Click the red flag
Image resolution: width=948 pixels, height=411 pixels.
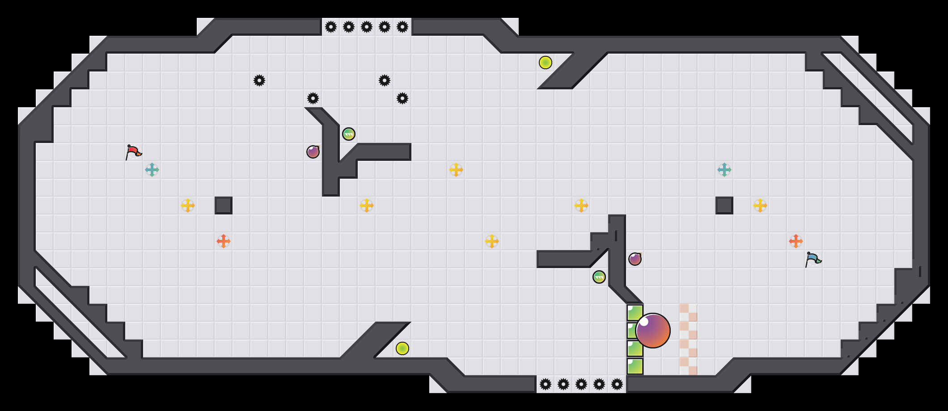(133, 152)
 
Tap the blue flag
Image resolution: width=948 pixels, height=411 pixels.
(813, 259)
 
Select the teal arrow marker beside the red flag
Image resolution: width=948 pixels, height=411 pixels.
(152, 170)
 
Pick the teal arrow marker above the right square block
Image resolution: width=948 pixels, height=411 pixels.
(724, 170)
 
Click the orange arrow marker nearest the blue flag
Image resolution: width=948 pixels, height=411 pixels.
(796, 241)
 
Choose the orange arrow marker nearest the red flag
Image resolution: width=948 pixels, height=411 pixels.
(224, 241)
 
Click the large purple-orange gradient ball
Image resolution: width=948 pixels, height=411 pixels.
(653, 331)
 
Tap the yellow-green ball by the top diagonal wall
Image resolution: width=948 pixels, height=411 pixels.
(546, 63)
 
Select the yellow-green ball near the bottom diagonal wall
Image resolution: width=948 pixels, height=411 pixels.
(402, 348)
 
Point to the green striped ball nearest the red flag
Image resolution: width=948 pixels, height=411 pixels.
(349, 134)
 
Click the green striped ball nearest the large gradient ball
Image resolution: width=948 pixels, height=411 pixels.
(599, 277)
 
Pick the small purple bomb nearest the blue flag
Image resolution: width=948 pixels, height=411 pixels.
(635, 259)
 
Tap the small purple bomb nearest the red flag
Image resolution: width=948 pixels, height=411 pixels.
(313, 152)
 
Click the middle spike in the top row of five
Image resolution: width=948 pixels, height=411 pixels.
(367, 27)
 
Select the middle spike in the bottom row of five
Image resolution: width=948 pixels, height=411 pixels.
(581, 384)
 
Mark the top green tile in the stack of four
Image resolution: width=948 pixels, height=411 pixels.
(635, 313)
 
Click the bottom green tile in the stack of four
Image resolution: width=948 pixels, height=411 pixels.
(635, 366)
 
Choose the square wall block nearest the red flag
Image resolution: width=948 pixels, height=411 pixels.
(224, 205)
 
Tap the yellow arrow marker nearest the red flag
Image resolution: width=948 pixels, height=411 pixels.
(188, 205)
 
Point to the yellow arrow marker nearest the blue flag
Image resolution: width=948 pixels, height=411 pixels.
(760, 205)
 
